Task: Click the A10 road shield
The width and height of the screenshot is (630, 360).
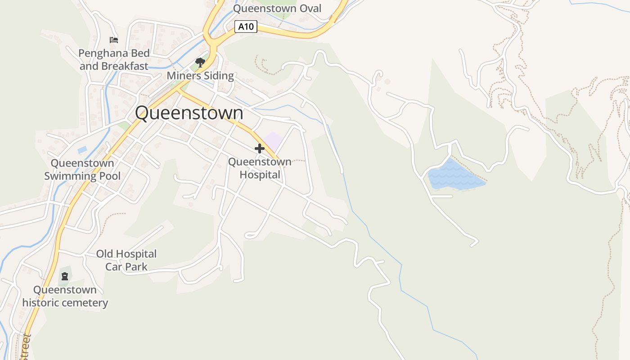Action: pyautogui.click(x=246, y=27)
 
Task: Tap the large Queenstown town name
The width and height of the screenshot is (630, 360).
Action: pyautogui.click(x=189, y=112)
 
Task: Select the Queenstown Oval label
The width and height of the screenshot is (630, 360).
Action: pyautogui.click(x=277, y=8)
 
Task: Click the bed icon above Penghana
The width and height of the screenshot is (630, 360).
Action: pyautogui.click(x=114, y=40)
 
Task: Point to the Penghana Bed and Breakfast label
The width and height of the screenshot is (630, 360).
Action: pyautogui.click(x=114, y=59)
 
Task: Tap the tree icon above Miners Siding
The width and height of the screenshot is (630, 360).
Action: pyautogui.click(x=200, y=63)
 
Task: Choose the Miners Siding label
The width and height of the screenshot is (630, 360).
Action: pyautogui.click(x=200, y=76)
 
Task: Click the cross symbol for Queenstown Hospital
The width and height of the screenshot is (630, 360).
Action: pyautogui.click(x=259, y=148)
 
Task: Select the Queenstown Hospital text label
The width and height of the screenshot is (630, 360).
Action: pyautogui.click(x=260, y=168)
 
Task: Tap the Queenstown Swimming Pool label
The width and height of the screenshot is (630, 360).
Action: pyautogui.click(x=82, y=169)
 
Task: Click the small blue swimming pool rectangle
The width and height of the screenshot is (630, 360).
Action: pyautogui.click(x=82, y=150)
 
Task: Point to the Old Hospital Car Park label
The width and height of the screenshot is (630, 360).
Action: pyautogui.click(x=126, y=260)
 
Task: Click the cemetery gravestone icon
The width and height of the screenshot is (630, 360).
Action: pyautogui.click(x=65, y=276)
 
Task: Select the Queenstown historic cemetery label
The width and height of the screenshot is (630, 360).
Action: pyautogui.click(x=65, y=296)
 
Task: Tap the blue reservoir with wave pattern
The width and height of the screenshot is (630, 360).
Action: pyautogui.click(x=454, y=177)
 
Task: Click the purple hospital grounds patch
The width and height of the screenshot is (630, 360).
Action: pyautogui.click(x=273, y=140)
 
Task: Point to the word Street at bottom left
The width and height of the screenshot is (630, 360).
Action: pyautogui.click(x=25, y=347)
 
